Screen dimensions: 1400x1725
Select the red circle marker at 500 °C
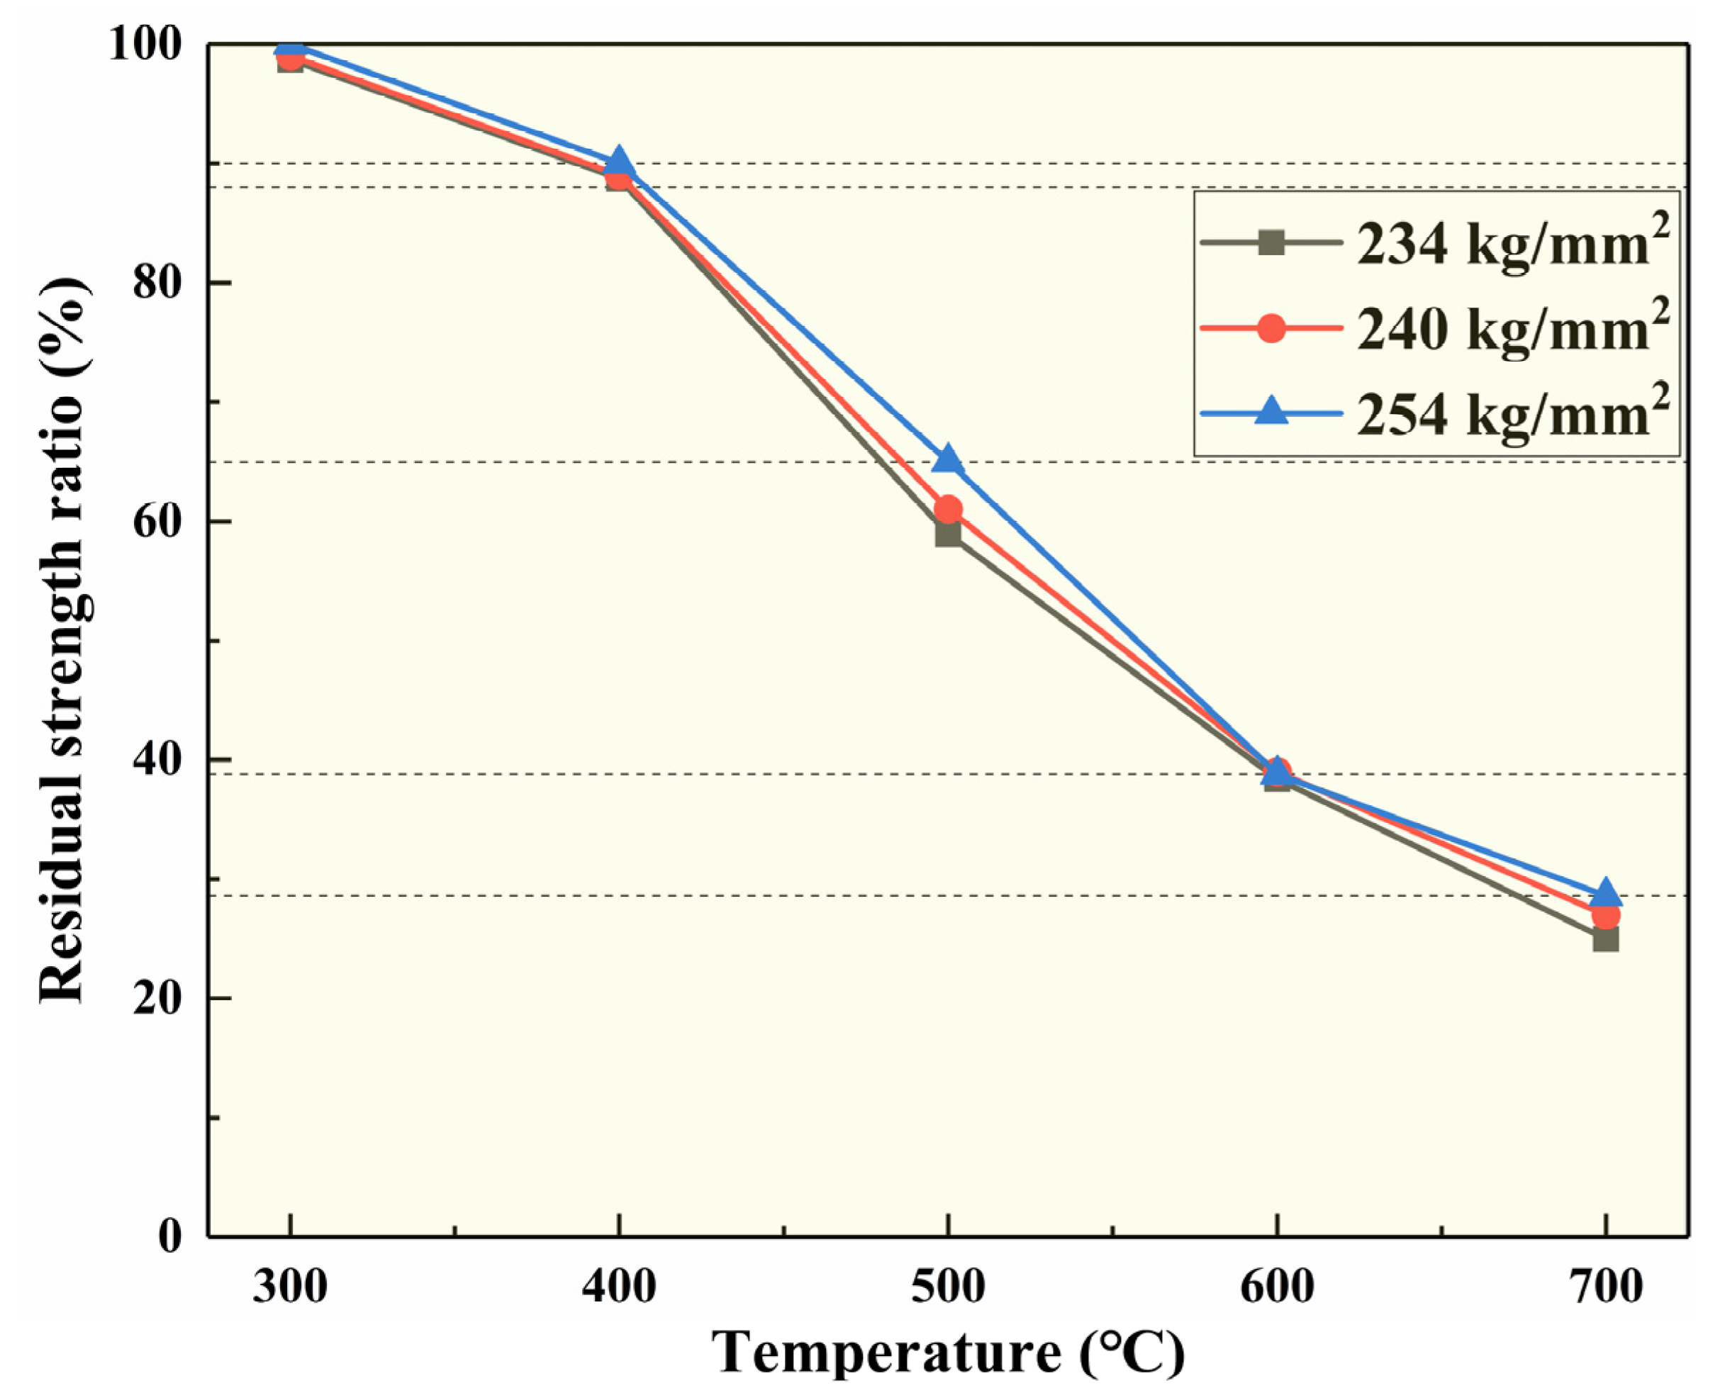coord(948,509)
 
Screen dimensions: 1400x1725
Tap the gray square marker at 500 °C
coord(948,533)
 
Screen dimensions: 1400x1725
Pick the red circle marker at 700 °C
coord(1605,915)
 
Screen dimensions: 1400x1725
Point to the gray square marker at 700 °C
coord(1605,939)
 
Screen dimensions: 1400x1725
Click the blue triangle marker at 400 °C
coord(618,160)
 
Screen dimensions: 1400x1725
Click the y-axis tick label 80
coord(157,282)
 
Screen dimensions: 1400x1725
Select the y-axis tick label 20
coord(157,998)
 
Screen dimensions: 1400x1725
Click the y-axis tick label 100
coord(145,45)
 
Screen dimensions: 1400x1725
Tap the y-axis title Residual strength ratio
coord(62,641)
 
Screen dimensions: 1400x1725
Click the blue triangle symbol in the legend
coord(1272,411)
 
